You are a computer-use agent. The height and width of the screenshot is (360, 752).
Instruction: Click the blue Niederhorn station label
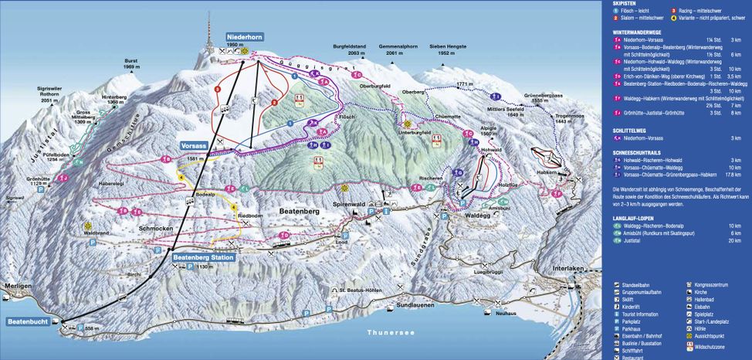point(246,36)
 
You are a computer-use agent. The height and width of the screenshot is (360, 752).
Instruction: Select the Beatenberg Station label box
point(202,258)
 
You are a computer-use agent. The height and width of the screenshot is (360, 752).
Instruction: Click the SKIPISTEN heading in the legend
point(625,4)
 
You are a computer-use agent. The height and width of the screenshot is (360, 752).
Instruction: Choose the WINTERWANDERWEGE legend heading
point(639,32)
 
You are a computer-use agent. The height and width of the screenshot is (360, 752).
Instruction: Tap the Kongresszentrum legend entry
point(713,285)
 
